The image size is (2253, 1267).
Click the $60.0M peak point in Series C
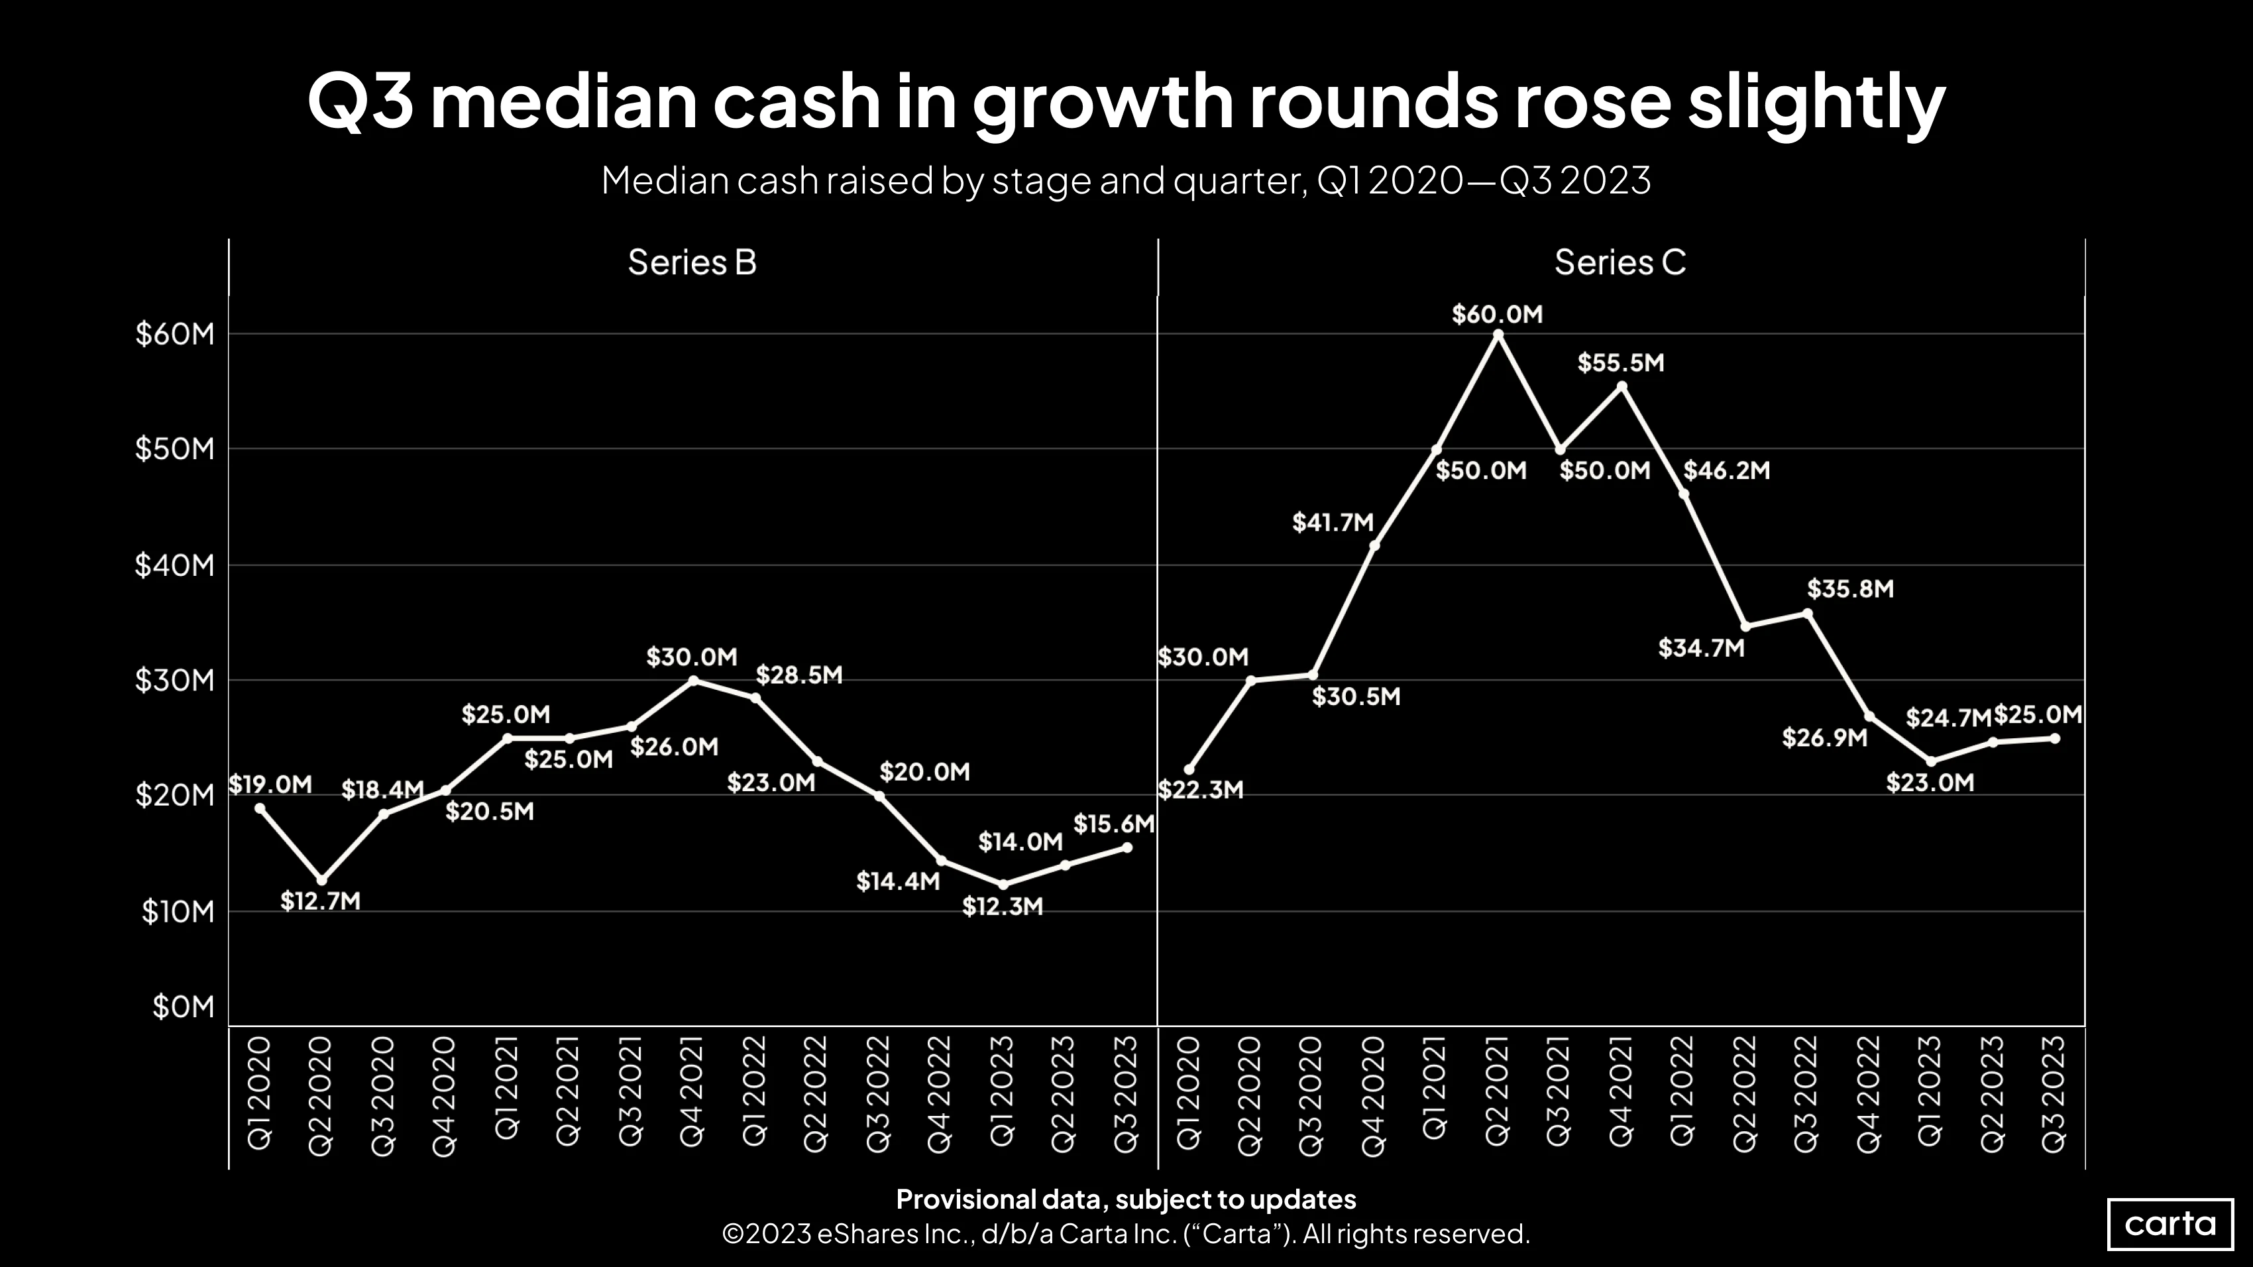click(1498, 334)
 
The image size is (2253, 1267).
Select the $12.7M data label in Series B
click(320, 901)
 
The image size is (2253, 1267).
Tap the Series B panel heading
click(692, 262)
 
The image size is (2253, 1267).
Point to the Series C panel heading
click(1620, 262)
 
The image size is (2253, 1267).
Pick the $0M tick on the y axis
click(184, 1007)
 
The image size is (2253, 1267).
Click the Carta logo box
click(2170, 1223)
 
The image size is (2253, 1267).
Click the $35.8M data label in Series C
click(1851, 589)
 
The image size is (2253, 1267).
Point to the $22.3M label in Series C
click(1200, 791)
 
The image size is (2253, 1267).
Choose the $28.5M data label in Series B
click(799, 675)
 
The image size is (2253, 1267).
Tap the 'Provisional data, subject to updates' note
click(1126, 1199)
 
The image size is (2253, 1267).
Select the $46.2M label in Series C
click(1726, 471)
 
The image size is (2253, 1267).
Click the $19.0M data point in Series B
click(260, 808)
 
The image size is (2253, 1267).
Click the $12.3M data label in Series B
click(1003, 907)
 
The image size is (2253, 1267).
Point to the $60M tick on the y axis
click(175, 334)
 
